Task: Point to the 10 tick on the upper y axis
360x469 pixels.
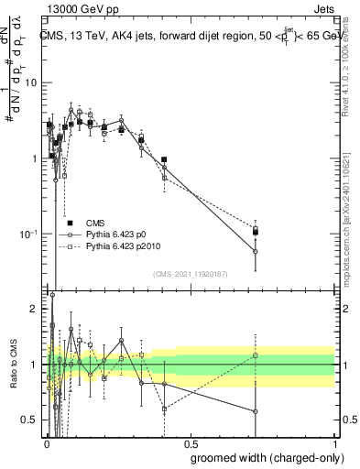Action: [35, 82]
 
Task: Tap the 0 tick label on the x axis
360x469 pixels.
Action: [47, 442]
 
